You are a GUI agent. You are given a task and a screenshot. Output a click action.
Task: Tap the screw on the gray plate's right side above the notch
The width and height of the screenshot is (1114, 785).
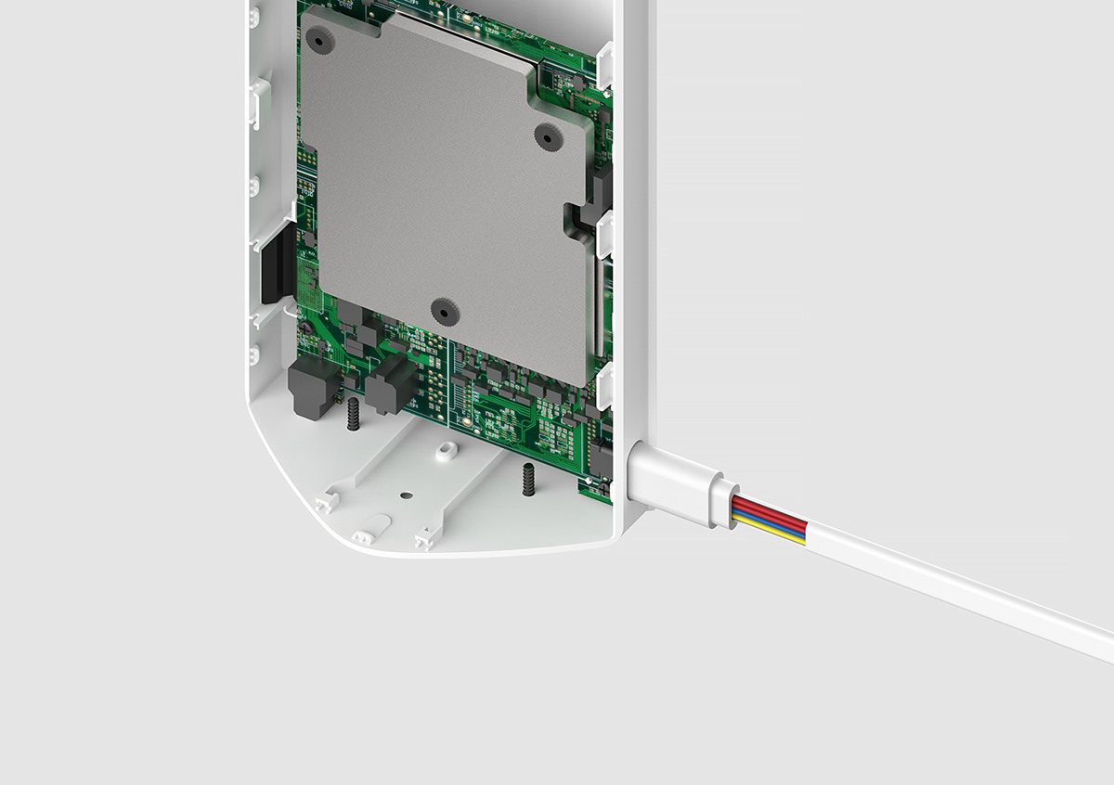tap(547, 136)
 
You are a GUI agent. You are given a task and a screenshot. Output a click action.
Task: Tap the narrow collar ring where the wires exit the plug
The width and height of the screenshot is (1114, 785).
tap(720, 505)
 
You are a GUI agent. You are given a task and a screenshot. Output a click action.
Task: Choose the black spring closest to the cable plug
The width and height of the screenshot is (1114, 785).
tap(526, 479)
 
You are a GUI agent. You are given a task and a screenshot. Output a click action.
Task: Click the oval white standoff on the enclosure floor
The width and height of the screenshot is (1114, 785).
tap(447, 449)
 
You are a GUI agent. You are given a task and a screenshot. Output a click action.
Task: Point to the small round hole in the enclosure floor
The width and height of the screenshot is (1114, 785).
tap(405, 495)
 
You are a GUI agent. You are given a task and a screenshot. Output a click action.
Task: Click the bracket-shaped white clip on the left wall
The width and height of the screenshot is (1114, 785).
tap(259, 102)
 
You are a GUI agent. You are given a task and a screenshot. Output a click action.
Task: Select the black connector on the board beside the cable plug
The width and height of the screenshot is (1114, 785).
tap(600, 458)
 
